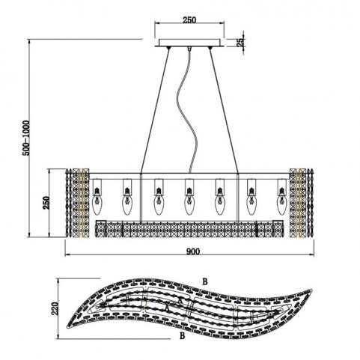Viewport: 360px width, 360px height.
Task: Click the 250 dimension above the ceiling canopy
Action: (x=189, y=19)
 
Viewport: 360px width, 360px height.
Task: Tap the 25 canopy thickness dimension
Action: (x=240, y=43)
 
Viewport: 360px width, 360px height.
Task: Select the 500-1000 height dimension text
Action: (x=25, y=138)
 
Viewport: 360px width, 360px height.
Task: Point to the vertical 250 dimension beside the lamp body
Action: (x=46, y=203)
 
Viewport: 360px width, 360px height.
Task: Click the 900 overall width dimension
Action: (x=193, y=251)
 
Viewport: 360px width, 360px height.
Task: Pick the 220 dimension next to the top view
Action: (x=55, y=308)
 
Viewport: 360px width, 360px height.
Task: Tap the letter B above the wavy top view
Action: (x=204, y=281)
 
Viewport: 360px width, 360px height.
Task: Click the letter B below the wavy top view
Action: (x=183, y=336)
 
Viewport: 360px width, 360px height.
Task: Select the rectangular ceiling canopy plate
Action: (x=189, y=43)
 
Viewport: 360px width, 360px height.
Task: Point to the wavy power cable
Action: (x=188, y=110)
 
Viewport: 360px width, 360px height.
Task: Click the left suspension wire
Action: (x=155, y=110)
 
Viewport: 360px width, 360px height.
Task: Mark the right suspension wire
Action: (x=224, y=110)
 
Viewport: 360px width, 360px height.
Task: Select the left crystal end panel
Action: (x=78, y=203)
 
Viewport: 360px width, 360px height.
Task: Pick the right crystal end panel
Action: (x=302, y=203)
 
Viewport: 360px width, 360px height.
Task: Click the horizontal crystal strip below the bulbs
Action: (x=189, y=229)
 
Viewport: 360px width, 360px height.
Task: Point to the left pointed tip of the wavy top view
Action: (x=67, y=327)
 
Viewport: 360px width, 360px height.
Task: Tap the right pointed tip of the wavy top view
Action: (x=312, y=290)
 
